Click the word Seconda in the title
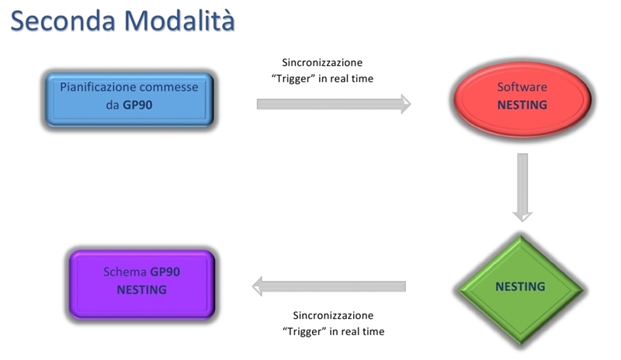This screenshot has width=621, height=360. tap(63, 21)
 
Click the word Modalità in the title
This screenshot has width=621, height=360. tap(179, 20)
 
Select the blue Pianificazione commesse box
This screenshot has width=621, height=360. tap(130, 99)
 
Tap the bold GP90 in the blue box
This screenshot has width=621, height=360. tap(137, 105)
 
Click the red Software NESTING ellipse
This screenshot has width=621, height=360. tap(522, 99)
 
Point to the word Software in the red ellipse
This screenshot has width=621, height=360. tap(522, 87)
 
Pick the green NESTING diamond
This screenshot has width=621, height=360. tap(520, 289)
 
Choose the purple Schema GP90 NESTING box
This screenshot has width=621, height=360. tap(142, 284)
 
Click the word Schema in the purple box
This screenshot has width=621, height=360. tap(125, 272)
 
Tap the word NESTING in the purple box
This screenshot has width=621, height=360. tap(141, 290)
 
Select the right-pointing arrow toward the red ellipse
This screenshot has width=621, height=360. tap(334, 104)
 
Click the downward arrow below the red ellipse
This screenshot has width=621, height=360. tap(522, 187)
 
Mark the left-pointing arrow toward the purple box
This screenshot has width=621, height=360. tap(328, 286)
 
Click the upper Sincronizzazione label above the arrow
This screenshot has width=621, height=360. tap(322, 63)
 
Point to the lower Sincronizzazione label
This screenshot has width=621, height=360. tap(333, 315)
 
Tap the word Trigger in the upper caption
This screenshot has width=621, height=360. tap(293, 78)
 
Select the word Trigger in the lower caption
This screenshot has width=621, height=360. tap(304, 331)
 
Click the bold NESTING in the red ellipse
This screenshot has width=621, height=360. tap(522, 105)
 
